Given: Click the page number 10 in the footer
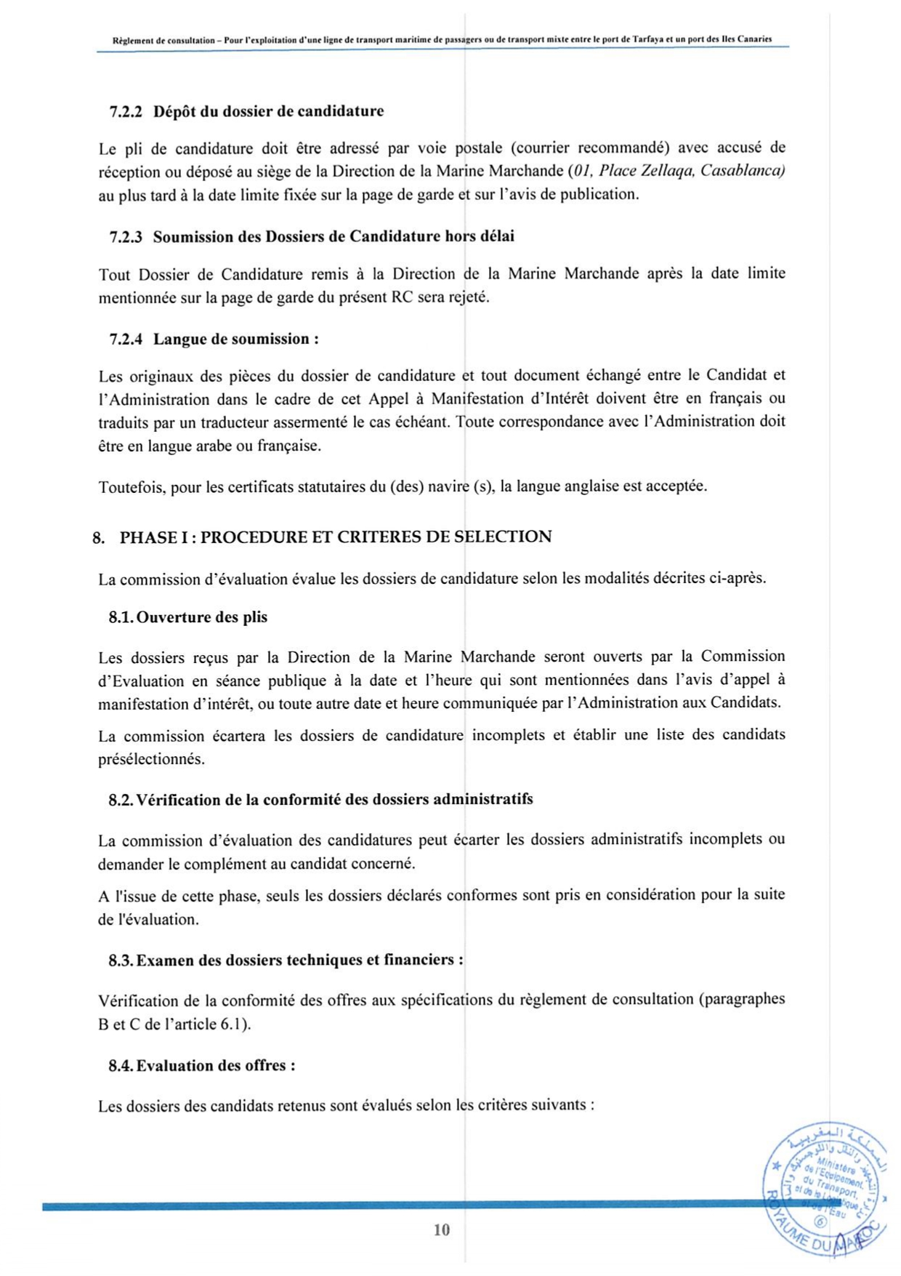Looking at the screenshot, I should [442, 1229].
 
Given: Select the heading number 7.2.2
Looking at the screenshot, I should [126, 111].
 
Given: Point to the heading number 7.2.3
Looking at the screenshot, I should [126, 236].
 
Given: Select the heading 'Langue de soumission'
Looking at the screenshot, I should [231, 339].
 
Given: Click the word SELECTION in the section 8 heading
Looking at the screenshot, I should [503, 537].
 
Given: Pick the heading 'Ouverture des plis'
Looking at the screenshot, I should [202, 617].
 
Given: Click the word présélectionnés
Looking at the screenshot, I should [151, 759].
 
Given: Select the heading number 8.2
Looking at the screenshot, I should [121, 800].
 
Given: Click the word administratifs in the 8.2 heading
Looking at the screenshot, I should [483, 799].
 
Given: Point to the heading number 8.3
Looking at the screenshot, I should [121, 960].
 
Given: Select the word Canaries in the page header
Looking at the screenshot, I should [754, 39].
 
